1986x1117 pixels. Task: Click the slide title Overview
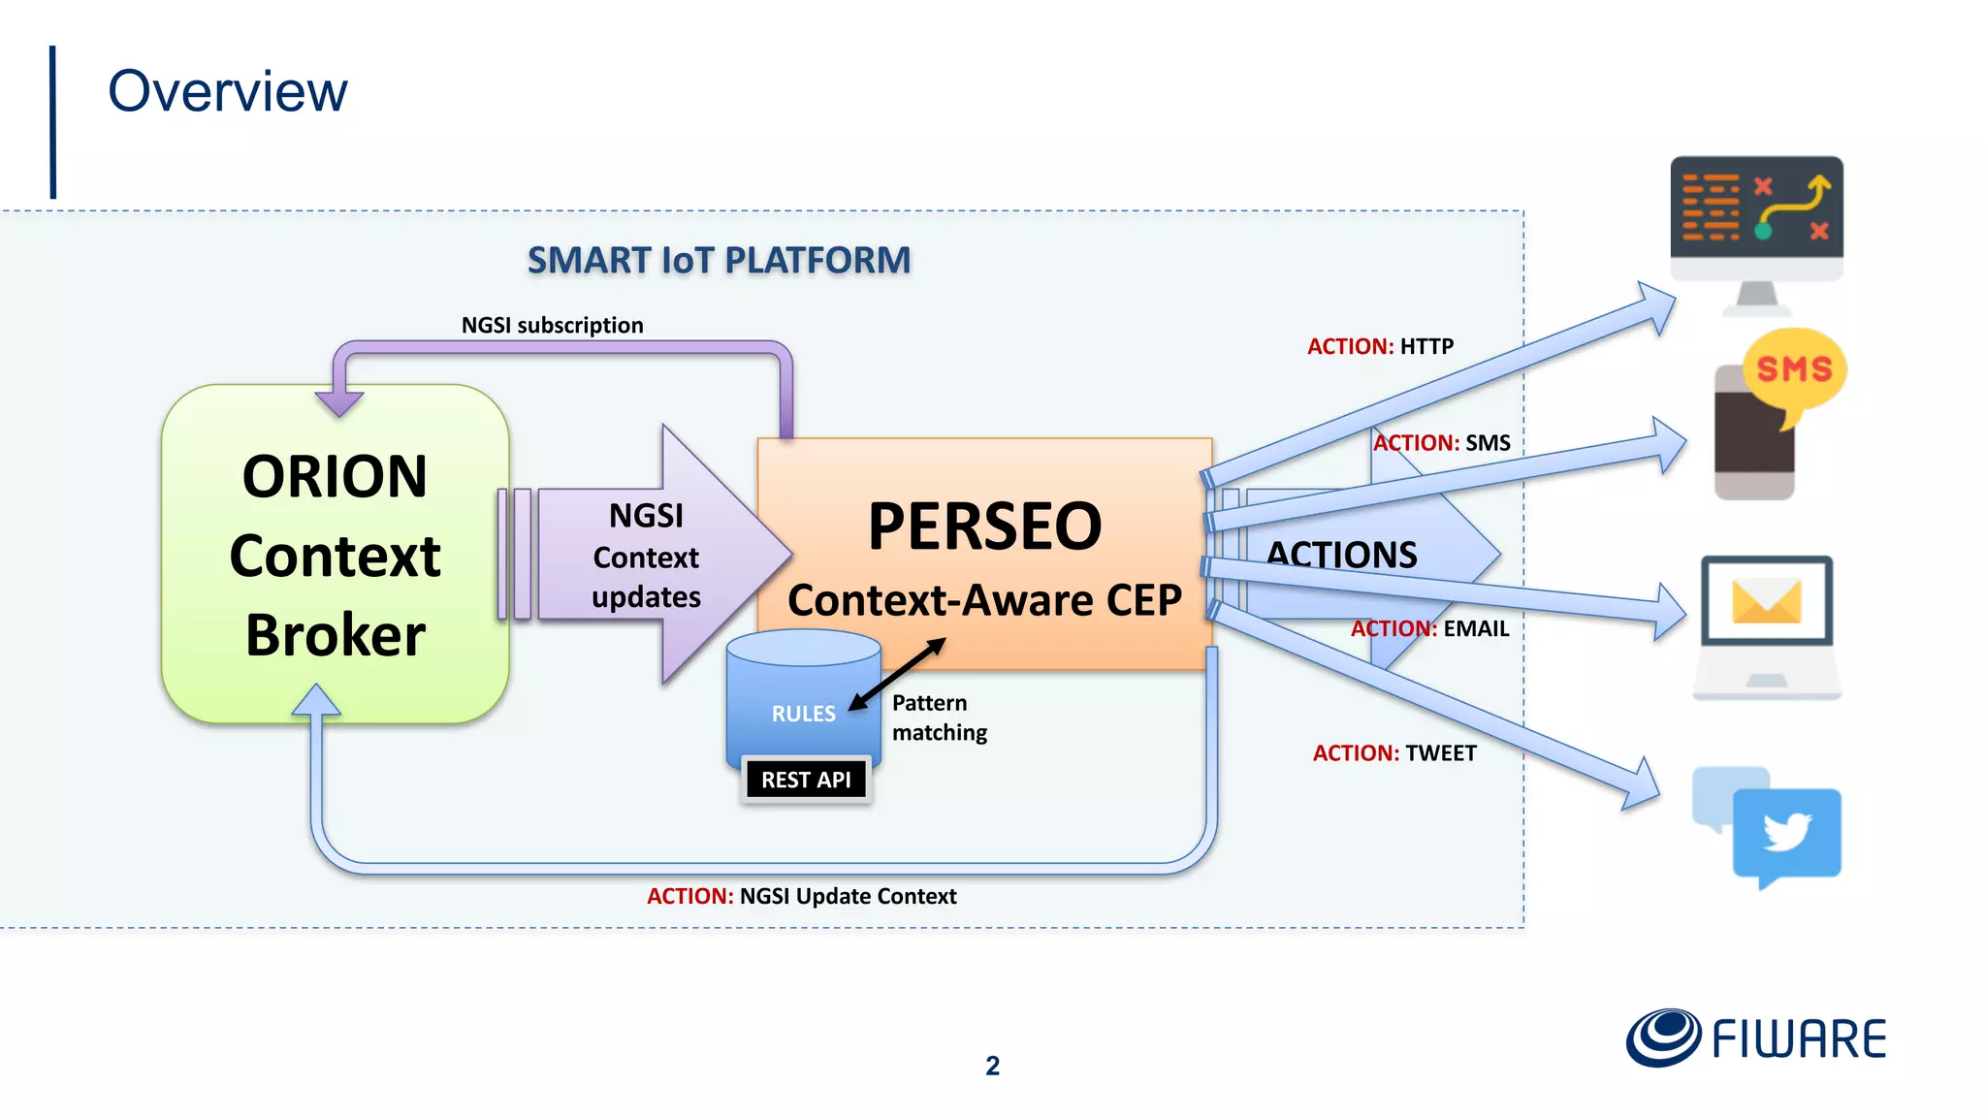227,92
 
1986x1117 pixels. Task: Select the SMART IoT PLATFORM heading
719,260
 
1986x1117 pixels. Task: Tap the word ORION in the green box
335,477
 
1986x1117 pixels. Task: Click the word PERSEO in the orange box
984,527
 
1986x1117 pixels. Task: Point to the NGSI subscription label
552,325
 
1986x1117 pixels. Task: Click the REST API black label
806,780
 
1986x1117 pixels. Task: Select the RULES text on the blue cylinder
803,714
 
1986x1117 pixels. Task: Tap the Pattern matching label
939,718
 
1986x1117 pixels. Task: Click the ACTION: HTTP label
1380,346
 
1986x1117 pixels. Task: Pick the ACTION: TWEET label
1394,753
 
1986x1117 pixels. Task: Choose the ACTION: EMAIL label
1429,628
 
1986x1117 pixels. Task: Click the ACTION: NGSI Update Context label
801,896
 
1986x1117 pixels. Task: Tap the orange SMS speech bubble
1794,369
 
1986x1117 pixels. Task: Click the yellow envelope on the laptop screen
1767,601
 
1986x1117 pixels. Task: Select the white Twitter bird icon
1787,832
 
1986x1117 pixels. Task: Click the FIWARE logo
1756,1038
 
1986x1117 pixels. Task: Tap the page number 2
992,1066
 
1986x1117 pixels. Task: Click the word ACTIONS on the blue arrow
1342,555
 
